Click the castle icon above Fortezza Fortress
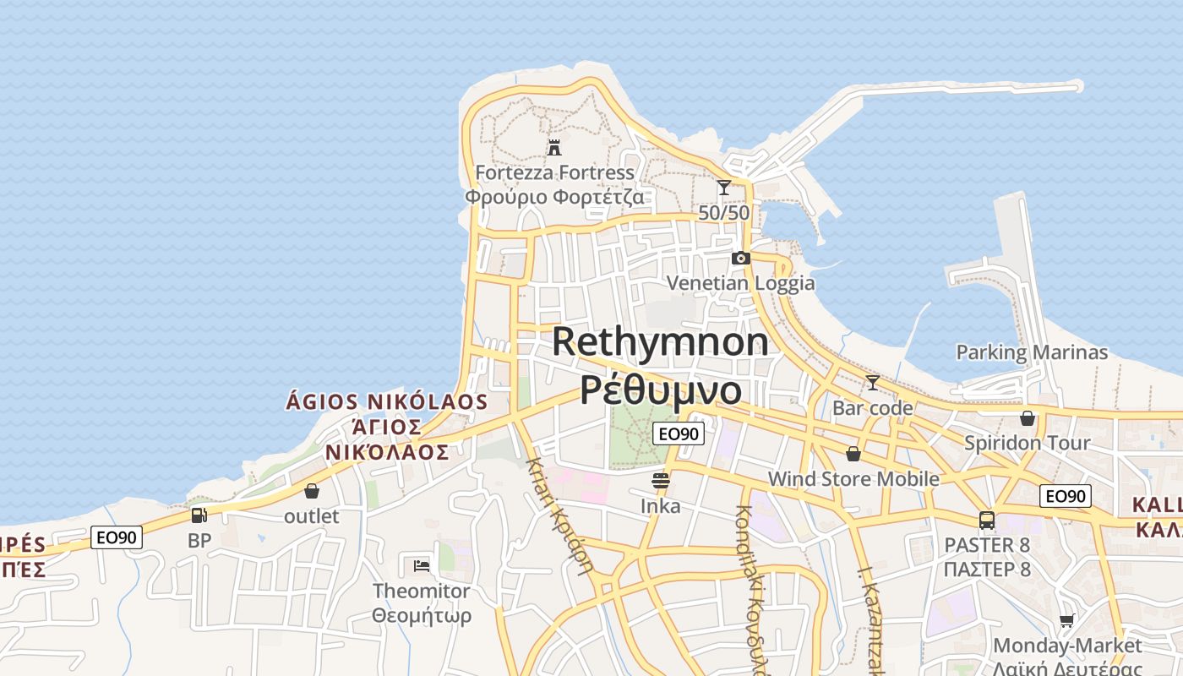[x=554, y=148]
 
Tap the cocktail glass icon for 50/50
[x=724, y=188]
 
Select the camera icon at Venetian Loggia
[x=741, y=258]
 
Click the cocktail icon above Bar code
[x=872, y=383]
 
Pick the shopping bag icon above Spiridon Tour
[x=1028, y=418]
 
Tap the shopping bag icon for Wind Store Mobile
[x=853, y=455]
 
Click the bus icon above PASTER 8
[x=987, y=521]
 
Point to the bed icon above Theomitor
[x=422, y=565]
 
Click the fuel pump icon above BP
[x=199, y=515]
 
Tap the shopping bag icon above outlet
[x=312, y=491]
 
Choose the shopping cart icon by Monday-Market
[x=1068, y=621]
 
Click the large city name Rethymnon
[x=661, y=341]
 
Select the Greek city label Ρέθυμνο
[x=661, y=390]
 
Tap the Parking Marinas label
[x=1032, y=352]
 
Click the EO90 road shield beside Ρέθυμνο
[x=679, y=433]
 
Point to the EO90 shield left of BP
[x=117, y=537]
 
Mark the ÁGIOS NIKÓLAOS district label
[x=387, y=401]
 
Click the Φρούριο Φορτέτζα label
[x=554, y=198]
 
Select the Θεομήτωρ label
[x=422, y=615]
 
